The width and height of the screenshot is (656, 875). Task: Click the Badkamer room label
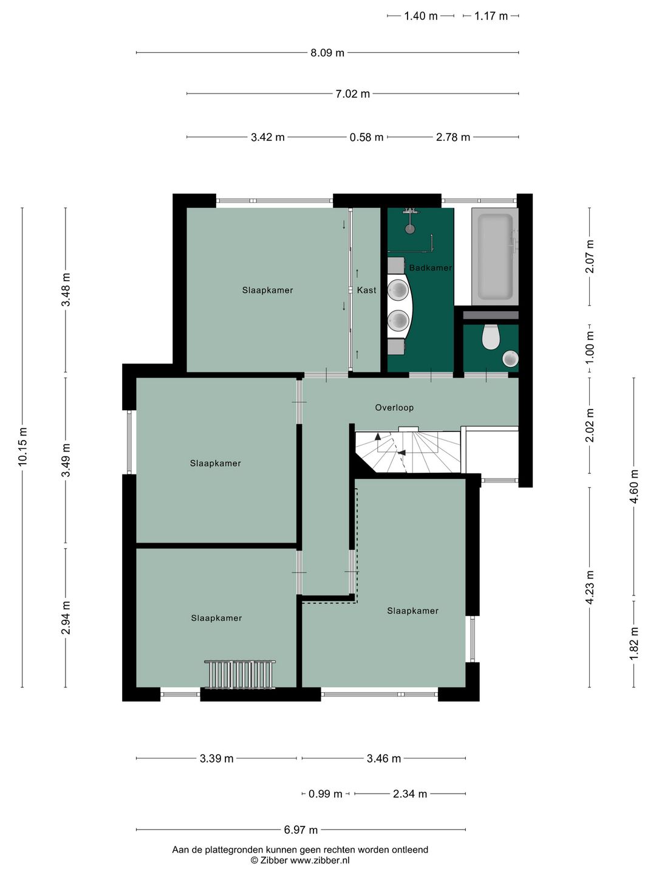coord(430,268)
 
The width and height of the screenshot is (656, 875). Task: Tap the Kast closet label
coord(366,290)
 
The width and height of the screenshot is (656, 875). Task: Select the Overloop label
coord(394,407)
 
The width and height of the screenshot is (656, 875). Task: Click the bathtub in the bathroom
coord(495,257)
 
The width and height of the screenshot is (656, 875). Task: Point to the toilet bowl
coord(491,337)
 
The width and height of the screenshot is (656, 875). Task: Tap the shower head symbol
coord(410,229)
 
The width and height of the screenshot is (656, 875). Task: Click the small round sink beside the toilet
coord(510,359)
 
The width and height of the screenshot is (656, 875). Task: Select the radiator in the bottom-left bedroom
coord(240,674)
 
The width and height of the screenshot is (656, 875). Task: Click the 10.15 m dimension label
coord(22,447)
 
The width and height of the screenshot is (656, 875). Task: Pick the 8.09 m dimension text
coord(327,53)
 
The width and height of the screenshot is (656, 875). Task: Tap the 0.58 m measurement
coord(366,137)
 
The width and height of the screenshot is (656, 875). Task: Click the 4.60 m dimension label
coord(634,486)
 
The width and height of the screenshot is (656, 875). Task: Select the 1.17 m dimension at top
coord(491,16)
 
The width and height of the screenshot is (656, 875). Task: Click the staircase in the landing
coord(408,450)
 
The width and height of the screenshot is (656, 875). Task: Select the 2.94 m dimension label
coord(66,617)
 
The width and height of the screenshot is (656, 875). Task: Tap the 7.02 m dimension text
coord(352,94)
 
